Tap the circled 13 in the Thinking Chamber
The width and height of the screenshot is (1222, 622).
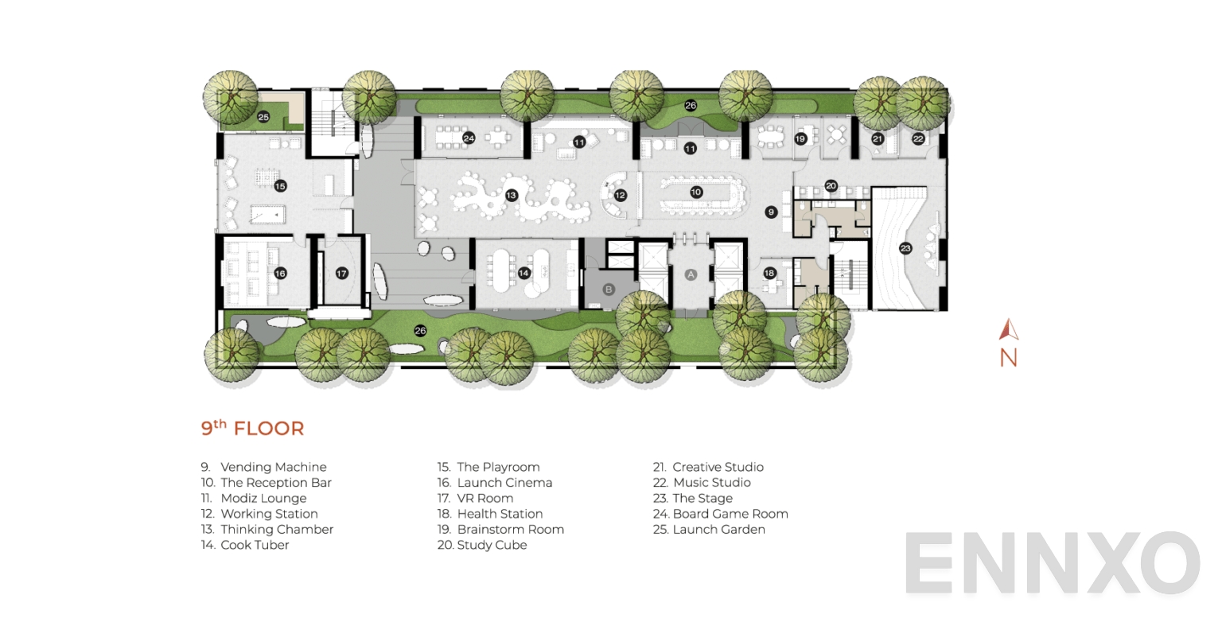tap(511, 195)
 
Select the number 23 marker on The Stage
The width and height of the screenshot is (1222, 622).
tap(905, 247)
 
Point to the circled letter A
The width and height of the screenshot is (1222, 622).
tap(691, 274)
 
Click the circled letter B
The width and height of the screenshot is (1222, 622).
tap(609, 290)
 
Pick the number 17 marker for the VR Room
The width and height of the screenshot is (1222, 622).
tap(341, 274)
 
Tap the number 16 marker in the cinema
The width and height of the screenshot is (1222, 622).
tap(280, 274)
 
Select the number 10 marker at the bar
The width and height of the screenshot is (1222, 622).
tap(696, 192)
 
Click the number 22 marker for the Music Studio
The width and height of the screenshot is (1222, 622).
tap(918, 138)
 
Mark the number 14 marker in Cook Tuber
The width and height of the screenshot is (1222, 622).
tap(524, 274)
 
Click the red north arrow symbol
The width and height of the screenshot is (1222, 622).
tap(1009, 329)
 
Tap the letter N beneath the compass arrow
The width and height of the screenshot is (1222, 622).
tap(1009, 358)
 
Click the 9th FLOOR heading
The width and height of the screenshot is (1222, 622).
tap(252, 428)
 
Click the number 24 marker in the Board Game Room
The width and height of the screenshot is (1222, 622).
tap(469, 138)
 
